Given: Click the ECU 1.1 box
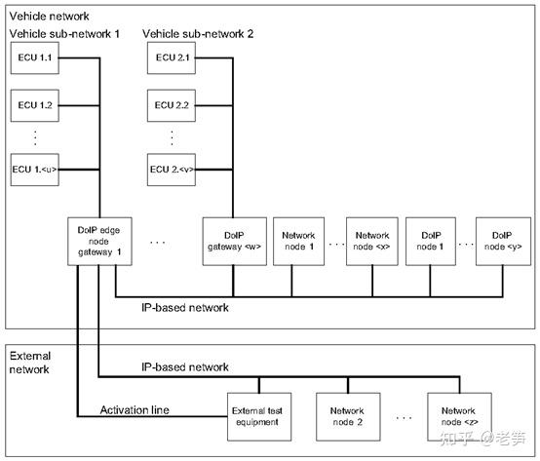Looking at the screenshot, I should [x=35, y=59].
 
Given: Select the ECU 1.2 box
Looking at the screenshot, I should [x=35, y=103].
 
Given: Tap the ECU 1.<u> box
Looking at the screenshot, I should [x=35, y=168].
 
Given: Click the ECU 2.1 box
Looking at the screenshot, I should [x=172, y=59].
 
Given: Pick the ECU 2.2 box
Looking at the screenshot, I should [x=172, y=103].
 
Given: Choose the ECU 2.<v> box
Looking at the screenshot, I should [x=172, y=168].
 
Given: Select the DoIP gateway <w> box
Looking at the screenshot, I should [x=232, y=240].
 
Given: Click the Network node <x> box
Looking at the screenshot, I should [x=372, y=240].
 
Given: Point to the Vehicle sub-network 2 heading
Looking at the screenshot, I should [x=198, y=33].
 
